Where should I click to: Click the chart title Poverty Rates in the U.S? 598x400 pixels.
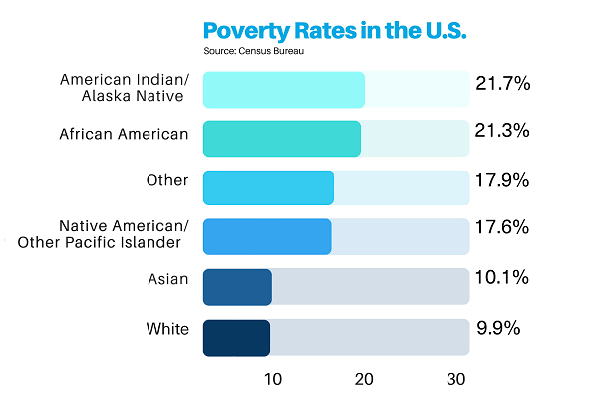[x=335, y=29]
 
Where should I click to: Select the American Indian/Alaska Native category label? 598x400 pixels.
[x=125, y=88]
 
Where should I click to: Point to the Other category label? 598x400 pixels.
[x=167, y=180]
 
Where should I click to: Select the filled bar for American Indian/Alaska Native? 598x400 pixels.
[x=283, y=90]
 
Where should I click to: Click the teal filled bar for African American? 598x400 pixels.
[x=281, y=139]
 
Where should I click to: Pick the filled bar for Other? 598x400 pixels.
[x=268, y=188]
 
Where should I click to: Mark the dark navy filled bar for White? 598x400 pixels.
[x=236, y=338]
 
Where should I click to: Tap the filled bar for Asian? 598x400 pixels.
[x=237, y=287]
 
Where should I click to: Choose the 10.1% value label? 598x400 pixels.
[x=504, y=279]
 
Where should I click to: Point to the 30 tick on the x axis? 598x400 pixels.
[x=455, y=379]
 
